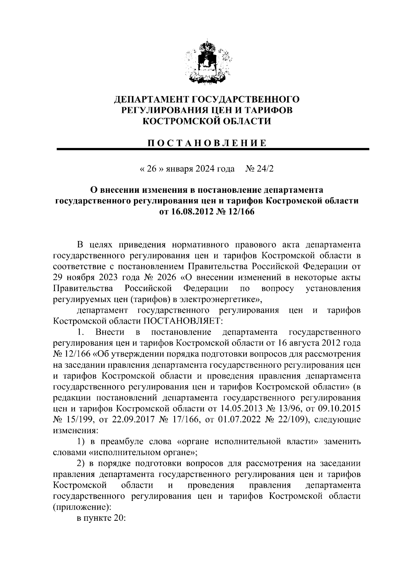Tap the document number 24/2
[x=265, y=169]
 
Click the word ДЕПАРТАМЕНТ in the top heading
[x=152, y=99]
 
